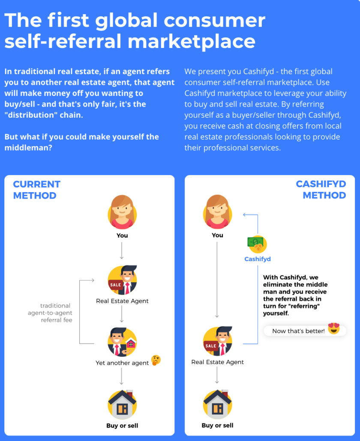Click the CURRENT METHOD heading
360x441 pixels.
tap(36, 190)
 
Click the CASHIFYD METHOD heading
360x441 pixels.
tap(321, 190)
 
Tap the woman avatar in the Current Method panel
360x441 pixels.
tap(122, 212)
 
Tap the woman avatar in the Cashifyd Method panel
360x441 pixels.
tap(217, 212)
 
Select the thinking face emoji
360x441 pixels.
tap(156, 361)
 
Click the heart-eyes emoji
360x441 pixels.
tap(334, 329)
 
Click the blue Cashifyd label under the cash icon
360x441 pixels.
tap(258, 259)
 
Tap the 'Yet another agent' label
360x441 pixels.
tap(122, 363)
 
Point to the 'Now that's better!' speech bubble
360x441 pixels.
tap(299, 331)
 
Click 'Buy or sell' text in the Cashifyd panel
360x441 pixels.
tap(217, 425)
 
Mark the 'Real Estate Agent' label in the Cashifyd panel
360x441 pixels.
tap(217, 362)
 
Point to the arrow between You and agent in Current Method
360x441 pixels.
tap(122, 250)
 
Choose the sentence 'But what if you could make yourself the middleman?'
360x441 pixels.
tap(81, 142)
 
